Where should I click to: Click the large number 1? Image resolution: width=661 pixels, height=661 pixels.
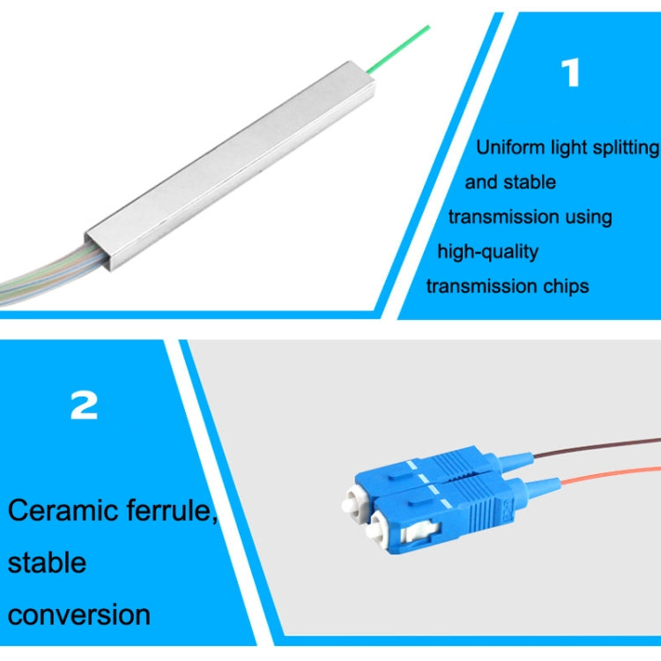coord(571,73)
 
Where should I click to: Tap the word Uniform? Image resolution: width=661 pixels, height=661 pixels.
coord(508,147)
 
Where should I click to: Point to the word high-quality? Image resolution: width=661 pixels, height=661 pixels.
coord(488,251)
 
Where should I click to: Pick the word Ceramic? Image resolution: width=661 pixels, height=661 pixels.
coord(64,510)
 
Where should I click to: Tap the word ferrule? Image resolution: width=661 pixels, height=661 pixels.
coord(174,511)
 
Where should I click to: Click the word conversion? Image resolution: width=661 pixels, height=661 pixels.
coord(79,613)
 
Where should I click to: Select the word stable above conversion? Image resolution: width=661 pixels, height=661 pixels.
coord(47,561)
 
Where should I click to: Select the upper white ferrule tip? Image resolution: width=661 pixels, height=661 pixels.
coord(345,505)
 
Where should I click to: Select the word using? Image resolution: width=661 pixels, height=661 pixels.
coord(590,217)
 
